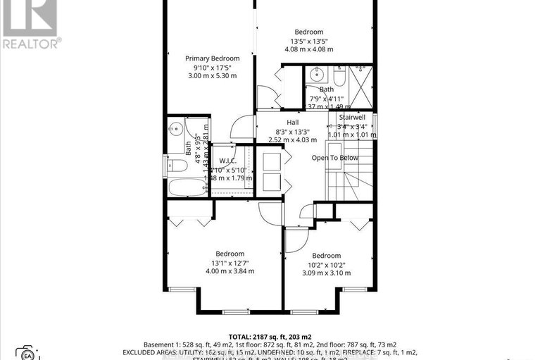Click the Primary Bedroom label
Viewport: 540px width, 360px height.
pyautogui.click(x=212, y=58)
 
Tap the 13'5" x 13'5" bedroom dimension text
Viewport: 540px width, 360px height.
pyautogui.click(x=308, y=41)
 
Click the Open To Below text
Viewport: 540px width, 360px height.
pyautogui.click(x=334, y=158)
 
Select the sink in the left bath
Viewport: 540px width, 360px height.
pyautogui.click(x=176, y=129)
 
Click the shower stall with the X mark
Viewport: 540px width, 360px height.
pyautogui.click(x=362, y=85)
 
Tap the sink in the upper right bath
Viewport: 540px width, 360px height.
pyautogui.click(x=318, y=73)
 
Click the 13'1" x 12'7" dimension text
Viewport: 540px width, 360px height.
pyautogui.click(x=230, y=262)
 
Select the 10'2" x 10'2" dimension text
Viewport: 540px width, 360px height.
pyautogui.click(x=326, y=264)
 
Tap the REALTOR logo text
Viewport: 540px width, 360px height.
pyautogui.click(x=30, y=42)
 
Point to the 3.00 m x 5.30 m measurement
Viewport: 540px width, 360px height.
pyautogui.click(x=212, y=75)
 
